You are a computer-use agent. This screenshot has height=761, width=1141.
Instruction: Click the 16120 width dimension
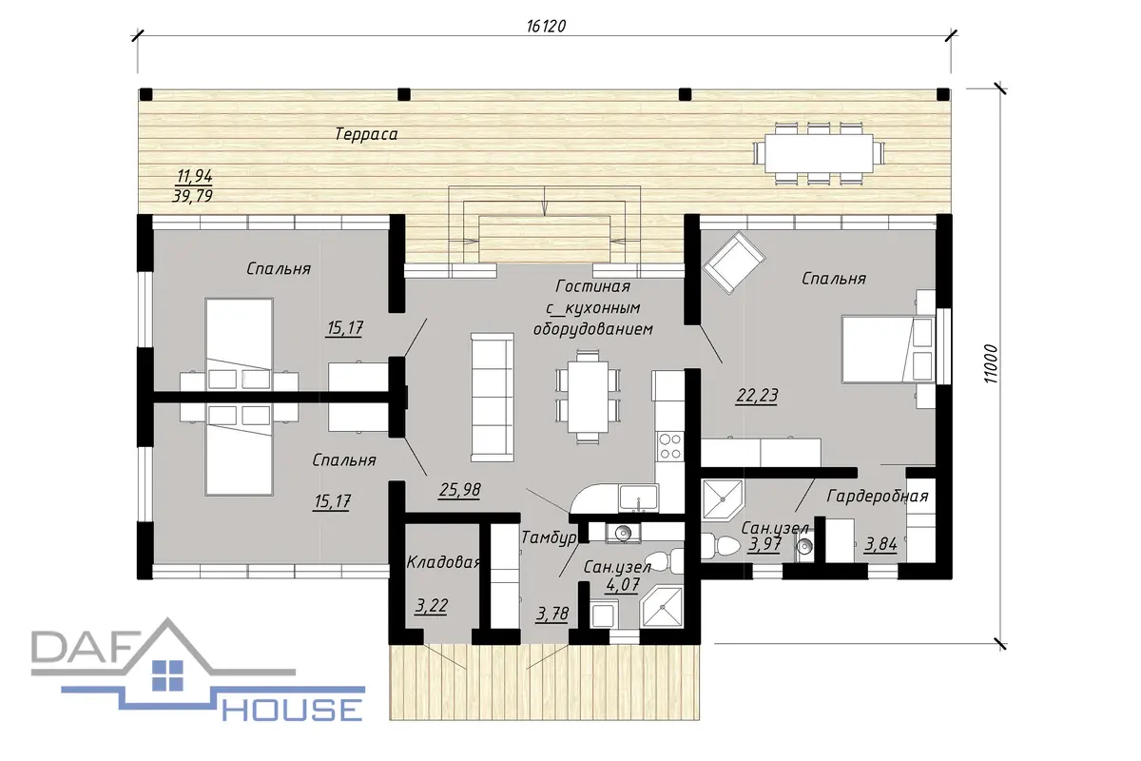tap(546, 26)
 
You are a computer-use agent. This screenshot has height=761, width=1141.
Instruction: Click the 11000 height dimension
tap(990, 364)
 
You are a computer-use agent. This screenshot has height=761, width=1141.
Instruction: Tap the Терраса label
tap(366, 134)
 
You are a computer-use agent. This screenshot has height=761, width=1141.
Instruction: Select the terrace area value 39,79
tap(192, 196)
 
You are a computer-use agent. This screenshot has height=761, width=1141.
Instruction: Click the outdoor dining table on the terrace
tap(819, 153)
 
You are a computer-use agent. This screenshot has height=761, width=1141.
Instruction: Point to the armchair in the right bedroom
tap(733, 262)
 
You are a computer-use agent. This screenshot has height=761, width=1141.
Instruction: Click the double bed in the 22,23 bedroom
tap(888, 349)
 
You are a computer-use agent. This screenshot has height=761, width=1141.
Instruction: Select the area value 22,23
tap(757, 396)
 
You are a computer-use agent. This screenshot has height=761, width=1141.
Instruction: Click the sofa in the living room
tap(493, 398)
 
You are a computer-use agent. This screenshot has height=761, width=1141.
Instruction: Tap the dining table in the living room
tap(589, 396)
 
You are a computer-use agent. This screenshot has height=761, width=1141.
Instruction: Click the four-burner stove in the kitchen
tap(669, 446)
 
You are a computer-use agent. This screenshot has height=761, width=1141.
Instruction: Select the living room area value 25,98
tap(459, 490)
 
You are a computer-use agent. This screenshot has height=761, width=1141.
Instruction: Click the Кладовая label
tap(444, 562)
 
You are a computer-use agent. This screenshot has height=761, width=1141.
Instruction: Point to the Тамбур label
tap(550, 537)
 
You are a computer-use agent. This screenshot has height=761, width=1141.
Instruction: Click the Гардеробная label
tap(877, 496)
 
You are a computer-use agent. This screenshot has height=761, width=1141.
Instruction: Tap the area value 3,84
tap(880, 544)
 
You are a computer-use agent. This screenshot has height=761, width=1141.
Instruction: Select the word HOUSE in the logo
tap(293, 710)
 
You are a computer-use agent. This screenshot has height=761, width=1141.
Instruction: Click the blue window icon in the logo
tap(167, 675)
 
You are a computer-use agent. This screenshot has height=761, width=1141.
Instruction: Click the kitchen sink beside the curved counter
tap(638, 498)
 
